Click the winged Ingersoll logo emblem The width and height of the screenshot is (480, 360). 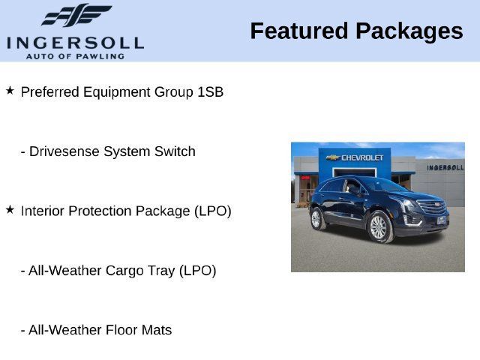click(76, 15)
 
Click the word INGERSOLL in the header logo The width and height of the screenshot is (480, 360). click(75, 43)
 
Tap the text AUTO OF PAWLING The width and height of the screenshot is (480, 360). click(75, 57)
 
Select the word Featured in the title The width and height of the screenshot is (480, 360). click(299, 31)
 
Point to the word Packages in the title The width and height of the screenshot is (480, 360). click(409, 32)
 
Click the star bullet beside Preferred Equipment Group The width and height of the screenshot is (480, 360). click(10, 91)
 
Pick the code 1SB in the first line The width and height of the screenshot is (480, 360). click(210, 91)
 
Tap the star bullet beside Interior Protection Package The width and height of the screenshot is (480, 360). click(10, 210)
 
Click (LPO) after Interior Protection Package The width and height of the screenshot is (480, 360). click(213, 211)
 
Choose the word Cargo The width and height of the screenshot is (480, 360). click(125, 271)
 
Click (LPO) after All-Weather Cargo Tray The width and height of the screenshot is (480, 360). click(198, 271)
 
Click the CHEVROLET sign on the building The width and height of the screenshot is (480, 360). click(355, 157)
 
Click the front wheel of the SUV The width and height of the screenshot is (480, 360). click(379, 227)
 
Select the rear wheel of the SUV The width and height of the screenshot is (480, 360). click(316, 218)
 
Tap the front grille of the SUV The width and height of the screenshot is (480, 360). click(432, 207)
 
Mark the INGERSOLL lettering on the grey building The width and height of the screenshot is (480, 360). click(445, 167)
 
